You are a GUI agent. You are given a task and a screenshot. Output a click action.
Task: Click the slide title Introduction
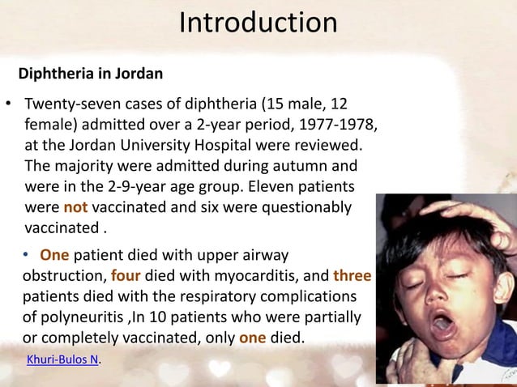(x=258, y=23)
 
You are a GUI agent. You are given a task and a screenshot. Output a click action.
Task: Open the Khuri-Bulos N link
(x=63, y=359)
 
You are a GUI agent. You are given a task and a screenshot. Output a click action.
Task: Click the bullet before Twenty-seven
(x=9, y=106)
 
